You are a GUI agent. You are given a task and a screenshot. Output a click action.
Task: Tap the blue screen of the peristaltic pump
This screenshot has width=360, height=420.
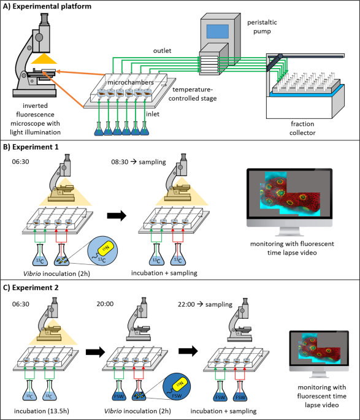click(219, 32)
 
